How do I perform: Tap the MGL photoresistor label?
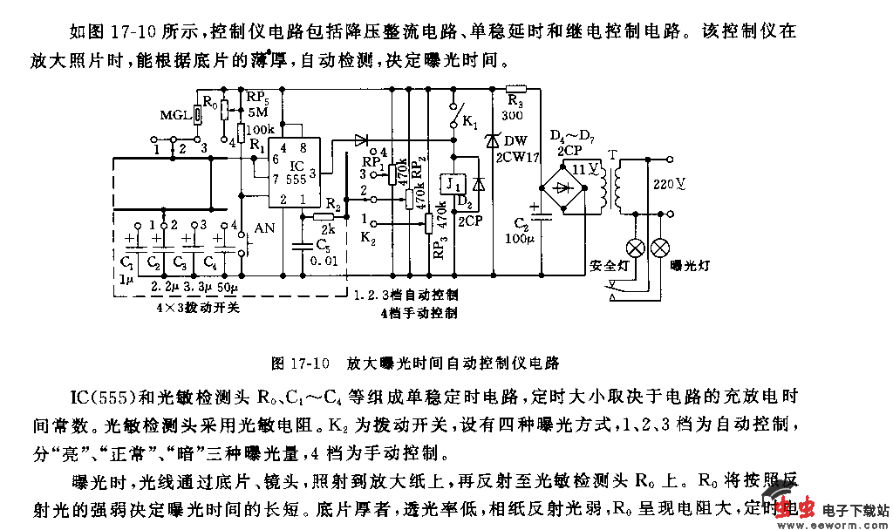174,114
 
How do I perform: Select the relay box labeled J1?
453,184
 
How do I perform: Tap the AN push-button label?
263,229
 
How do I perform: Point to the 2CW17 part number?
517,156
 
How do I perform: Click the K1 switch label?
468,121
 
